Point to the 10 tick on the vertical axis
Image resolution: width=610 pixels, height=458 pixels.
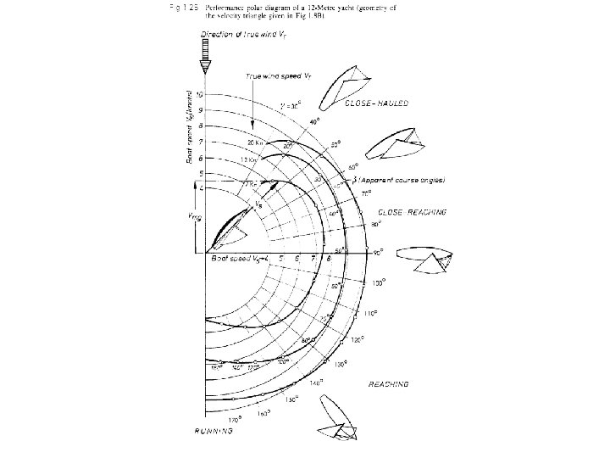coord(200,93)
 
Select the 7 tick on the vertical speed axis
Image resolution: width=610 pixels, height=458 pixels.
coord(200,142)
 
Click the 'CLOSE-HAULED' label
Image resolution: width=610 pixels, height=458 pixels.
coord(379,103)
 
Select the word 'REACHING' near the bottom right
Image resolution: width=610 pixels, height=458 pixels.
coord(389,384)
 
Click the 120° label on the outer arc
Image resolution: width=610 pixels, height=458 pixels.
coord(358,338)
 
